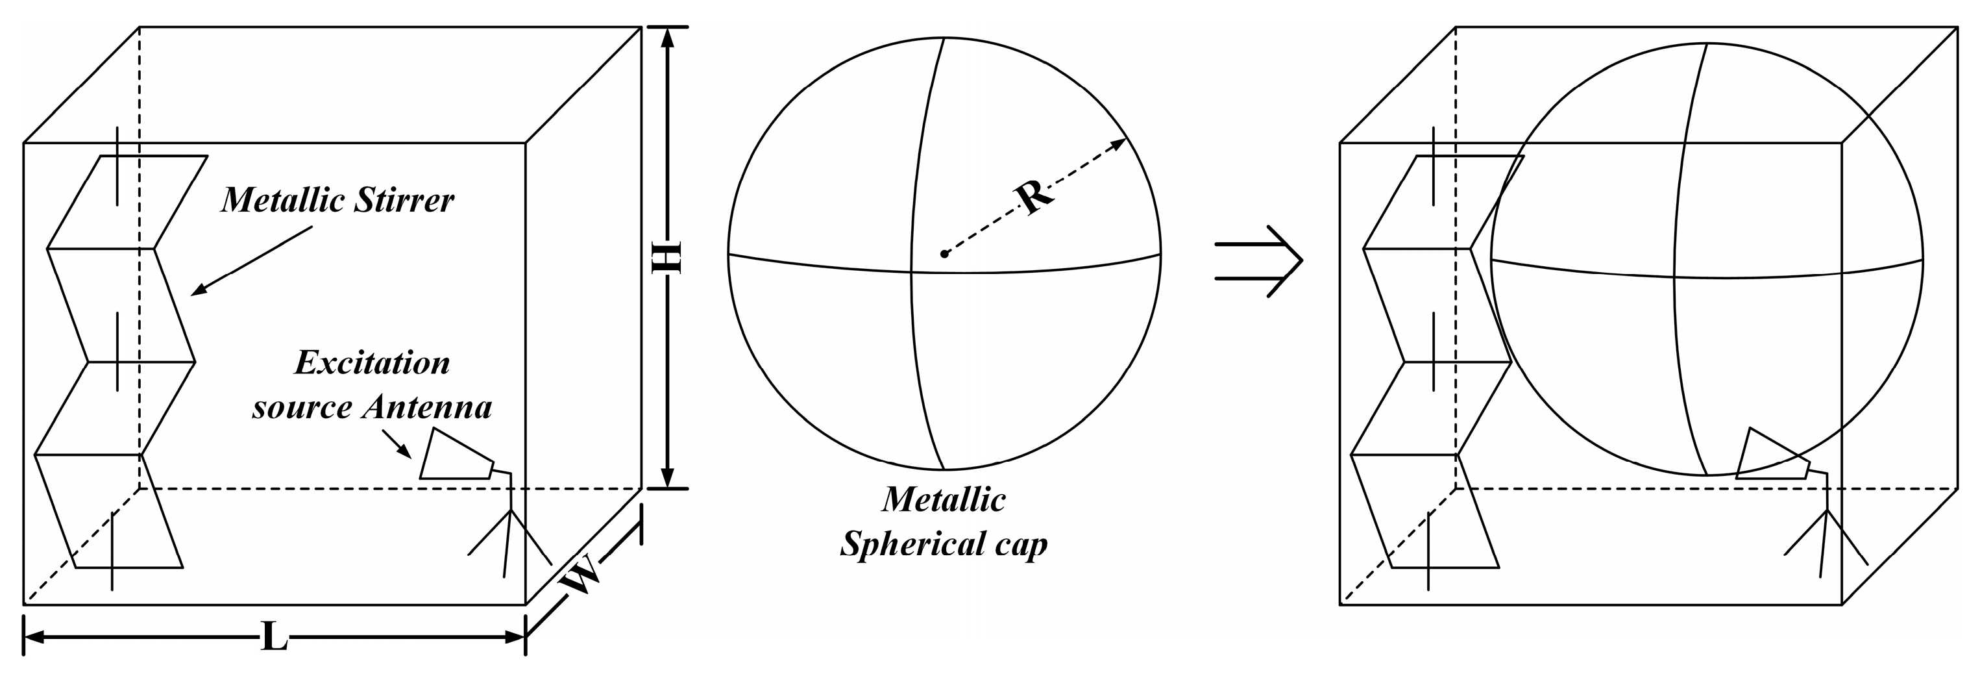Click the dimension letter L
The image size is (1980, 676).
275,637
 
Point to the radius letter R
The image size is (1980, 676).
1034,196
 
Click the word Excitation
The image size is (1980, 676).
372,363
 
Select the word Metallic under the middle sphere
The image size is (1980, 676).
944,500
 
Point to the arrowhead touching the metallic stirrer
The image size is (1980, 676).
197,290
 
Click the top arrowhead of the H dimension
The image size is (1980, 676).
667,37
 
